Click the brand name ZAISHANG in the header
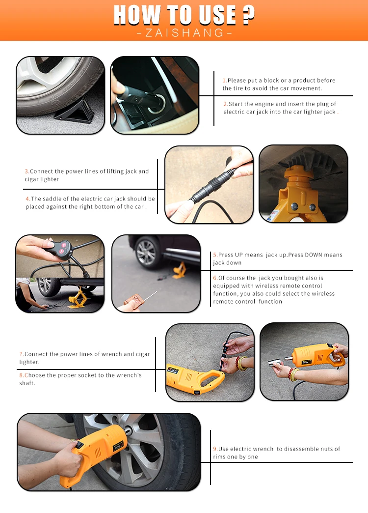(x=184, y=33)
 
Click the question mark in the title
(x=248, y=15)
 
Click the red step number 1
(x=224, y=81)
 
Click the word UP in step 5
(x=239, y=255)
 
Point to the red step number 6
(x=215, y=278)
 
